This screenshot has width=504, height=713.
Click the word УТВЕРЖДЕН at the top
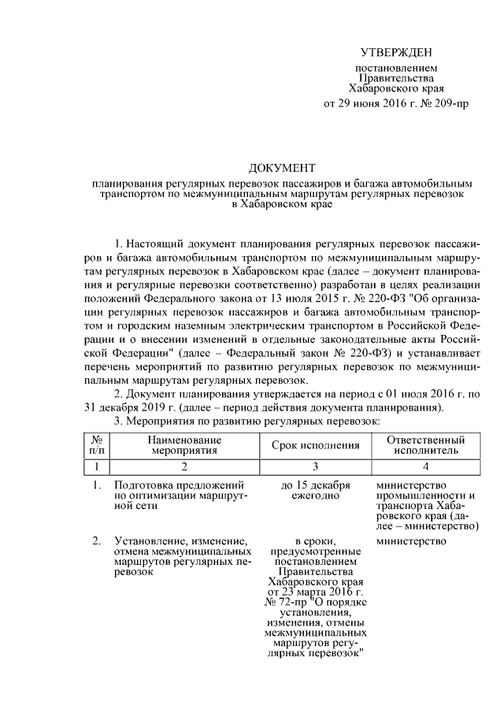pos(396,53)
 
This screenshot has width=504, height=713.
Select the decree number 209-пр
pos(450,103)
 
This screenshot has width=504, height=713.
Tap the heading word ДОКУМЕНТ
pos(281,168)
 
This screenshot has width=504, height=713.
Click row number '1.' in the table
pos(96,485)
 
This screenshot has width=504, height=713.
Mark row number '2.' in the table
pos(96,541)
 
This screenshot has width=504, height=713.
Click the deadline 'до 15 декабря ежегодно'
pos(315,490)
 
